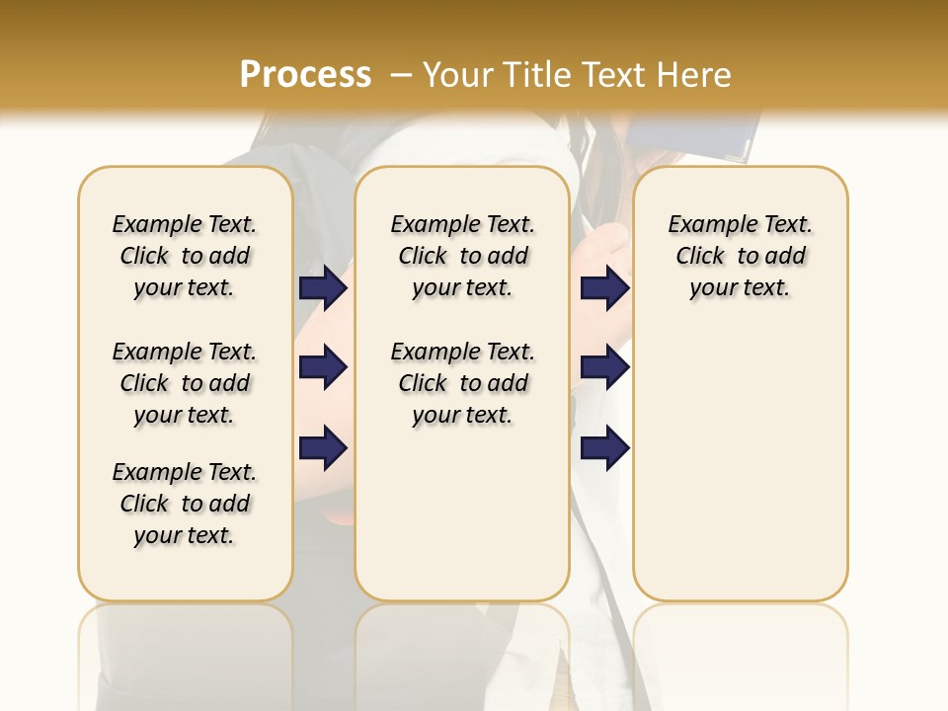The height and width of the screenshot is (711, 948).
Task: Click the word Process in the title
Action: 305,74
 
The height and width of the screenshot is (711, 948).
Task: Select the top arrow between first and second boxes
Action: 323,287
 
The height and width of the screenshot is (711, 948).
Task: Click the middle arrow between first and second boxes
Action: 323,368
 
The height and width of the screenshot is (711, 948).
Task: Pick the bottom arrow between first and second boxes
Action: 323,448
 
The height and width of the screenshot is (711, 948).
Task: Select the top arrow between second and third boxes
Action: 604,287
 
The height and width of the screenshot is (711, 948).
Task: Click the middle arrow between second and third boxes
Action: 604,368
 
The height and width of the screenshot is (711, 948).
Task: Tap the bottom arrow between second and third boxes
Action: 604,448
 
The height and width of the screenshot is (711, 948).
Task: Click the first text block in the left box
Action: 185,256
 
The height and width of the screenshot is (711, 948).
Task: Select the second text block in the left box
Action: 185,383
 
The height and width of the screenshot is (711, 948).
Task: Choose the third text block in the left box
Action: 185,504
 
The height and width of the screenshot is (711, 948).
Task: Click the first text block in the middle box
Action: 462,256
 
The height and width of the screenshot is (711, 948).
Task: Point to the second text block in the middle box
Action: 462,383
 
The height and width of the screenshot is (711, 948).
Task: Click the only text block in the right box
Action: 740,256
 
